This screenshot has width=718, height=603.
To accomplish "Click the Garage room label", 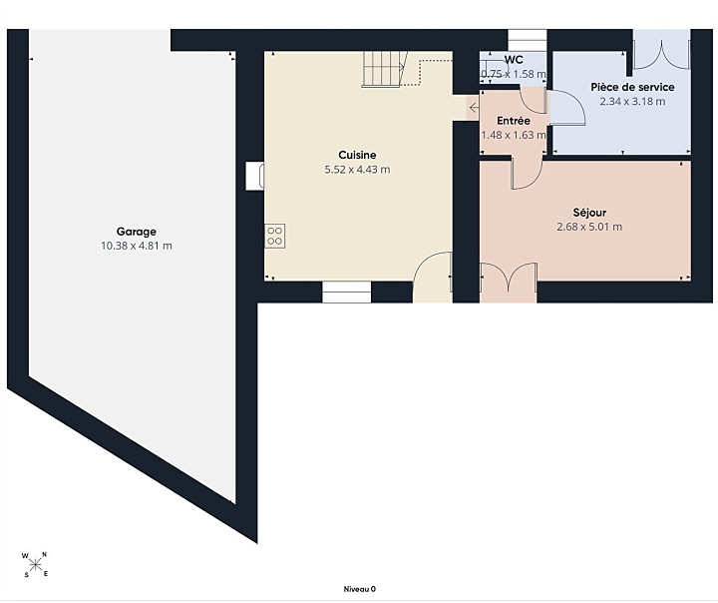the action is (x=136, y=232).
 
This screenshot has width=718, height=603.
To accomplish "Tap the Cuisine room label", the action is (x=357, y=155).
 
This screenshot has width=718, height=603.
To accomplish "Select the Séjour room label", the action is (x=589, y=213).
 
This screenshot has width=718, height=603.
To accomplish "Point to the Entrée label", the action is (x=514, y=121).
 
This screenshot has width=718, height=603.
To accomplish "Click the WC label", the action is (x=514, y=60).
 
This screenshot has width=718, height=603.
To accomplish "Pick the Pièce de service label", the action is (x=632, y=87).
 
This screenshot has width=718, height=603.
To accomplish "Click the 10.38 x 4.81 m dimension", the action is (x=137, y=246).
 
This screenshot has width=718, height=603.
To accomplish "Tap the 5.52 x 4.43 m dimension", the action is (x=357, y=170).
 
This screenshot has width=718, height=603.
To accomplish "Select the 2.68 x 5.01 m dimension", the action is (x=589, y=227).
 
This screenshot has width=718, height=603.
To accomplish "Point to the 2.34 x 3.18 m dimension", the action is (x=632, y=102).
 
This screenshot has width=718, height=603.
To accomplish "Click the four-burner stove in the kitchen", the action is (x=275, y=237).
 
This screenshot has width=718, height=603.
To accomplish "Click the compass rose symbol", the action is (x=35, y=564).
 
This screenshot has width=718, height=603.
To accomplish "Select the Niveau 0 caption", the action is (x=359, y=589).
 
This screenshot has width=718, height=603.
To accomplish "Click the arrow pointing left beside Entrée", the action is (x=474, y=108).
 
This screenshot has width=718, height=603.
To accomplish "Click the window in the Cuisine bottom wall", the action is (x=347, y=293).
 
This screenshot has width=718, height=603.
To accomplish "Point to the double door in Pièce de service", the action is (x=661, y=51).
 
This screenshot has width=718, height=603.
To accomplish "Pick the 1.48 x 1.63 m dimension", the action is (x=514, y=135).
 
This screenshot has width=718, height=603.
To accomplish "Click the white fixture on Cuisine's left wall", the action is (x=254, y=176).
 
